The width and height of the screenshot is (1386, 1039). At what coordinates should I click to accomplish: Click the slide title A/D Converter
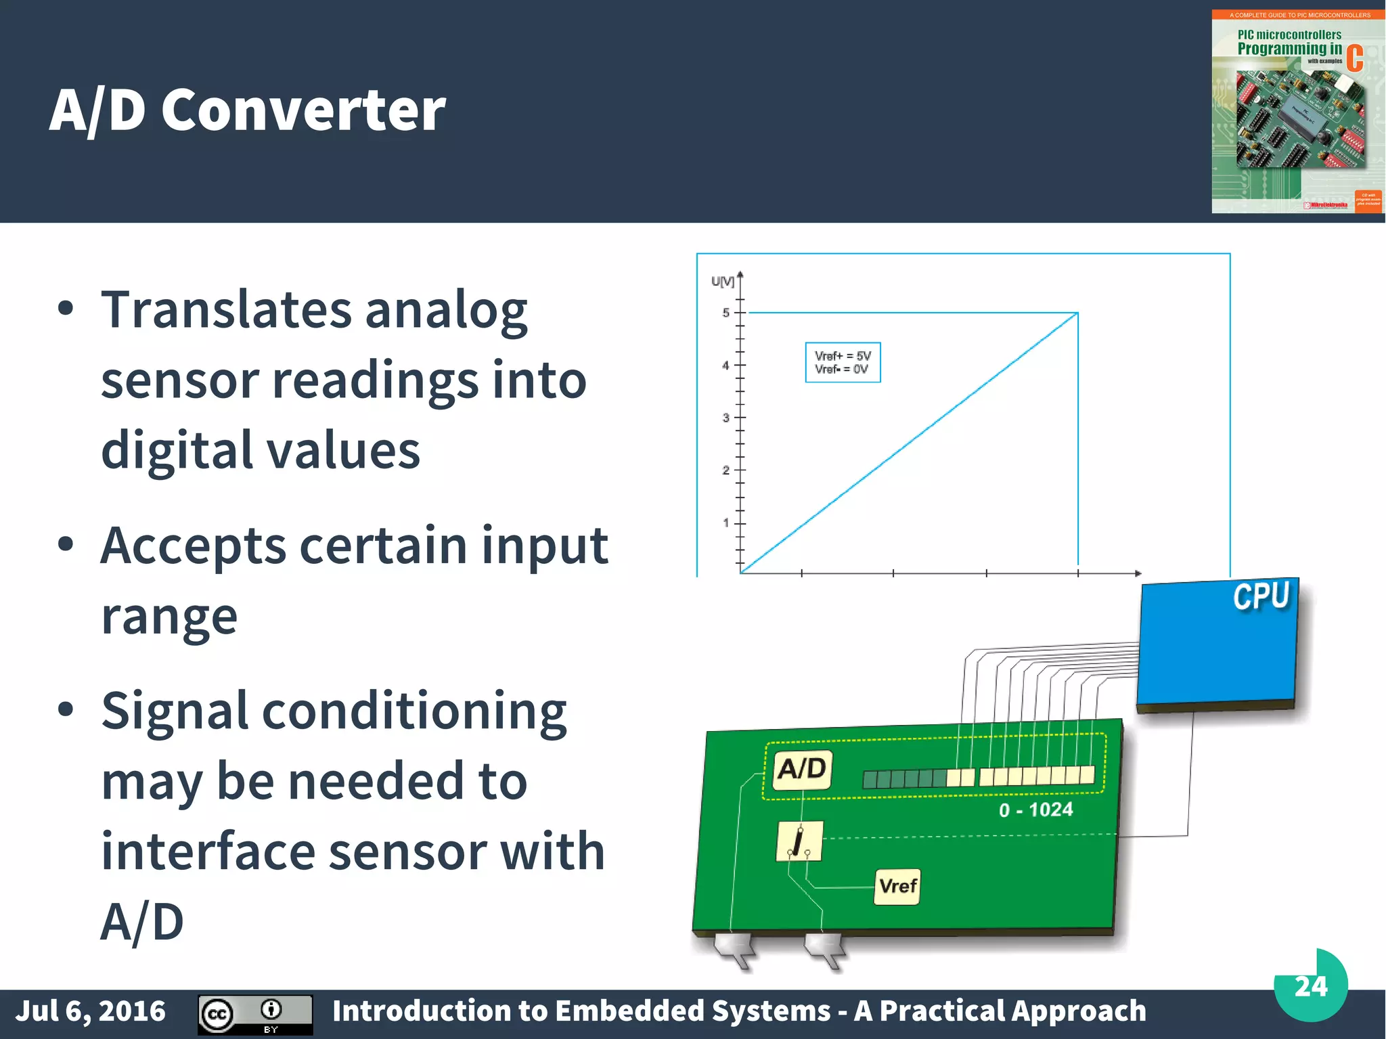pyautogui.click(x=248, y=110)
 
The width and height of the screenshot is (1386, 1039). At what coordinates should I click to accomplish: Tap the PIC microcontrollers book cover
pyautogui.click(x=1297, y=112)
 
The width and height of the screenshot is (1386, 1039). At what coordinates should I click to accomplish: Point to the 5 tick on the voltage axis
pyautogui.click(x=726, y=313)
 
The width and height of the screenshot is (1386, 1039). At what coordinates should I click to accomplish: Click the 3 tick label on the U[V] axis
pyautogui.click(x=726, y=418)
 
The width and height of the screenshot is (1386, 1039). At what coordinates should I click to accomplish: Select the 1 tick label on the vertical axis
pyautogui.click(x=726, y=523)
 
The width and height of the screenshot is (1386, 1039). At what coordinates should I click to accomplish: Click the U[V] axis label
pyautogui.click(x=722, y=281)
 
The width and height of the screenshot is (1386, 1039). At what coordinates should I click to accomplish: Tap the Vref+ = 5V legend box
pyautogui.click(x=843, y=363)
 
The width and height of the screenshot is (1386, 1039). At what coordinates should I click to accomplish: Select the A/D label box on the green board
pyautogui.click(x=802, y=770)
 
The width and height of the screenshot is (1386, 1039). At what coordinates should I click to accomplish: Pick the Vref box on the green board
pyautogui.click(x=897, y=886)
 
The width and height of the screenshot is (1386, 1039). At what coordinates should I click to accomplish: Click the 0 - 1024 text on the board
pyautogui.click(x=1035, y=810)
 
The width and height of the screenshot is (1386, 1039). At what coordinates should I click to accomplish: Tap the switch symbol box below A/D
pyautogui.click(x=799, y=841)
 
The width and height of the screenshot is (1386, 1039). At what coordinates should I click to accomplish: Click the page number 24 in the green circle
pyautogui.click(x=1310, y=986)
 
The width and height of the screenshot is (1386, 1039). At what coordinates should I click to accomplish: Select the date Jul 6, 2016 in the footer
pyautogui.click(x=90, y=1011)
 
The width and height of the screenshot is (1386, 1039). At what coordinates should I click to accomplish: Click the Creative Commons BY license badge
pyautogui.click(x=255, y=1014)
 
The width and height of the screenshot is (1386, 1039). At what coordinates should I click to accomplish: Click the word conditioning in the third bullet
pyautogui.click(x=414, y=711)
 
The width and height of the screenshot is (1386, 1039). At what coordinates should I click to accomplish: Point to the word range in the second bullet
pyautogui.click(x=169, y=617)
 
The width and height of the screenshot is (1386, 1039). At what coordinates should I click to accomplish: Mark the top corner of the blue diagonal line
pyautogui.click(x=1077, y=313)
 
